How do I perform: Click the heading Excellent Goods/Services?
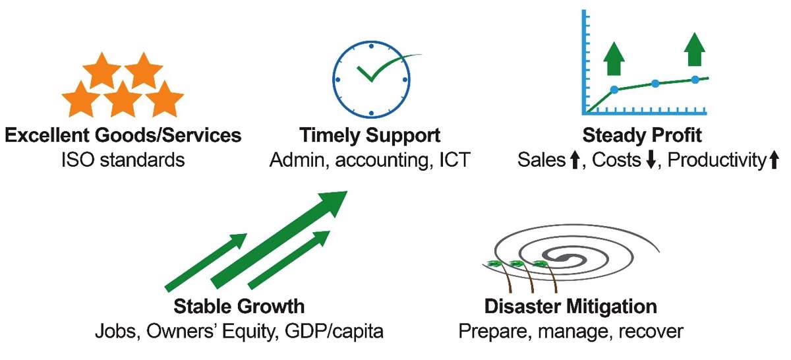point(123,136)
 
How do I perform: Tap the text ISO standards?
point(123,160)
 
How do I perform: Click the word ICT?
point(454,160)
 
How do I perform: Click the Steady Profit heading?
point(642,136)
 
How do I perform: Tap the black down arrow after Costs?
point(651,160)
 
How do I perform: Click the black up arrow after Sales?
point(575,160)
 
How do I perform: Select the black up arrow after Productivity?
point(774,160)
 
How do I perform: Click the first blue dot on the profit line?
point(614,90)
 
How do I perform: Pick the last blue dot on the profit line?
point(695,80)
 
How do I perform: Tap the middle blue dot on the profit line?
point(655,84)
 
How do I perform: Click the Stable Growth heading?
point(239,307)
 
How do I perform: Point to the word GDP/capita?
point(334,332)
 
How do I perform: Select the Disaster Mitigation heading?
point(571,307)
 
